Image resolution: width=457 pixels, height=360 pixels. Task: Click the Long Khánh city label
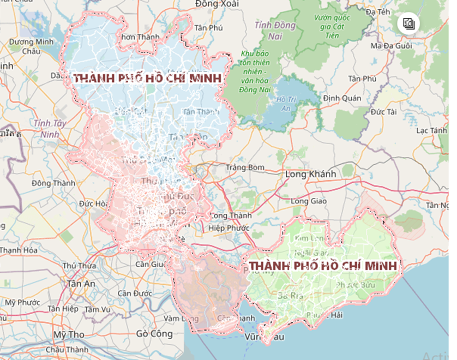311,173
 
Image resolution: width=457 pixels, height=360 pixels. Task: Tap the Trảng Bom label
245,167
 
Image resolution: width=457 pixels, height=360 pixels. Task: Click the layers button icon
408,23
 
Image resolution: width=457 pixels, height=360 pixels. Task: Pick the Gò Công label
154,334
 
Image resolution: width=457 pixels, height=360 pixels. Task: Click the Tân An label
81,284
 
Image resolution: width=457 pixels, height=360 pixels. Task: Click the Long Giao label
309,201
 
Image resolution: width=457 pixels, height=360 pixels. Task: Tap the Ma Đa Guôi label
391,46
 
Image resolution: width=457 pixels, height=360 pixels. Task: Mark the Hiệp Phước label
229,228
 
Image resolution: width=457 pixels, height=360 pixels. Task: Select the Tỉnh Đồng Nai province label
275,30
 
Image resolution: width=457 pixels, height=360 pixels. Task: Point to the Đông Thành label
53,183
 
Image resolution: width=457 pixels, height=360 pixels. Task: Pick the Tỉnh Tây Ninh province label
50,128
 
